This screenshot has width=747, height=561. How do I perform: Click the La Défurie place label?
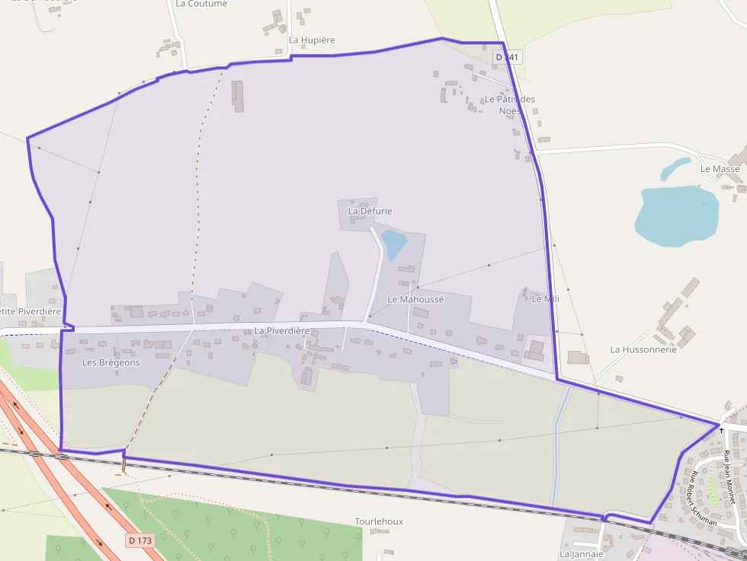[x=370, y=210]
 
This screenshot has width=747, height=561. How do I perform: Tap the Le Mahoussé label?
[x=415, y=299]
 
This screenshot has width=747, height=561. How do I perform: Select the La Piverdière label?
[x=282, y=331]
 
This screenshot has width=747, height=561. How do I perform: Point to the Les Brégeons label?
[x=111, y=362]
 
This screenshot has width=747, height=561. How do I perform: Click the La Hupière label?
[x=312, y=40]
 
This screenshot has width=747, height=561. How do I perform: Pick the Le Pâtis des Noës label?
[x=510, y=105]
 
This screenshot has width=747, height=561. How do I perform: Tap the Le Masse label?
[x=720, y=168]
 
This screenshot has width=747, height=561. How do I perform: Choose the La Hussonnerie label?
[x=643, y=349]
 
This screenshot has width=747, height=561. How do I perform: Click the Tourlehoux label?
[x=379, y=521]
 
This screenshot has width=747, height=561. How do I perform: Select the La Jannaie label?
[x=582, y=554]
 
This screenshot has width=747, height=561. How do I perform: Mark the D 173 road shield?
[x=140, y=540]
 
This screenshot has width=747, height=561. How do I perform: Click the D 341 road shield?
[x=507, y=57]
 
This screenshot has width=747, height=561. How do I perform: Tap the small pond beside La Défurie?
[x=394, y=244]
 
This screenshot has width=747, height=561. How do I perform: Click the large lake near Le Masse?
[x=675, y=216]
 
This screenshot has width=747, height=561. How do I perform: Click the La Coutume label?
[x=201, y=4]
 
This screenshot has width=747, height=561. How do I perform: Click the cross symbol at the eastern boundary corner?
[x=720, y=430]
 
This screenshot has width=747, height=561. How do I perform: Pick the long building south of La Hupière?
[x=239, y=96]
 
